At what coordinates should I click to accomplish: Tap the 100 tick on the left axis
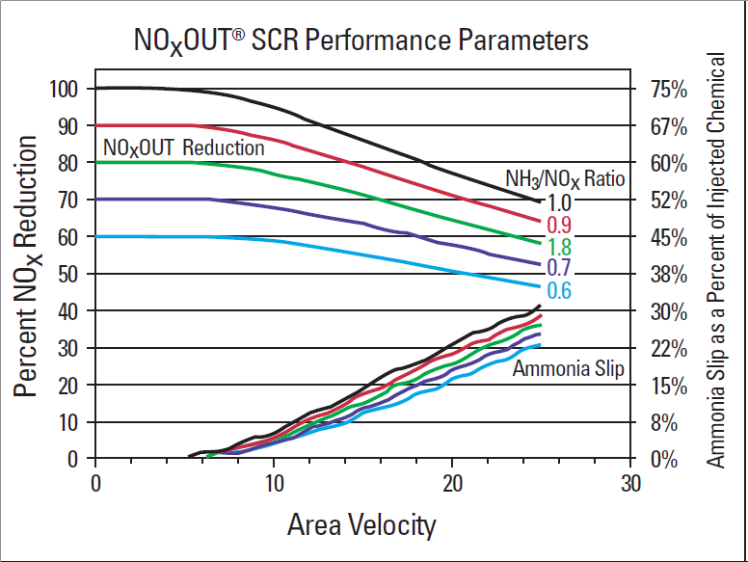(x=64, y=89)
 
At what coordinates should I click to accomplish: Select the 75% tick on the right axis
(x=668, y=90)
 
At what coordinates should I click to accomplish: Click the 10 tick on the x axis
(x=274, y=483)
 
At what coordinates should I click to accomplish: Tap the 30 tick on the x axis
(x=630, y=483)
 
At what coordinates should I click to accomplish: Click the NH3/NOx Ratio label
(x=565, y=178)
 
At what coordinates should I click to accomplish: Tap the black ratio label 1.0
(x=559, y=202)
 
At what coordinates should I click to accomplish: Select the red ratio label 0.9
(x=559, y=225)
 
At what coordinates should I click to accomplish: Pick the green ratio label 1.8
(x=559, y=247)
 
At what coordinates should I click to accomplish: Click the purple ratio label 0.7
(x=559, y=267)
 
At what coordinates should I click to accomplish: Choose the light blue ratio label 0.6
(x=559, y=290)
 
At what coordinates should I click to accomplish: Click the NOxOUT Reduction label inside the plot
(x=183, y=148)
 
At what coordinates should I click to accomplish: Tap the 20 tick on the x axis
(x=452, y=483)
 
